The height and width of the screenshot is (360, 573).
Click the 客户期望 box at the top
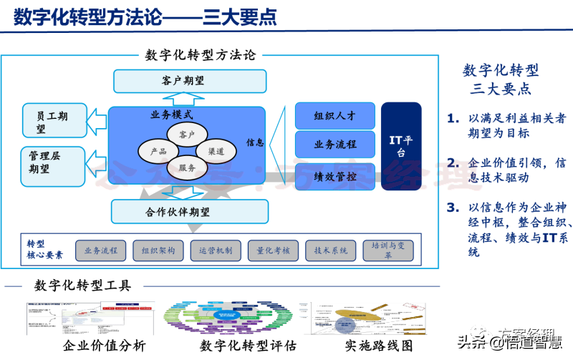[189, 81]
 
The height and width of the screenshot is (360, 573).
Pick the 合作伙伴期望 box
[189, 211]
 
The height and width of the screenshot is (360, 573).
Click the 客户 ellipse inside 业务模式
[186, 135]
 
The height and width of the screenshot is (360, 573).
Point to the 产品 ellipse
[158, 152]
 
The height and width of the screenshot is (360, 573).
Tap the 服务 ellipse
[187, 168]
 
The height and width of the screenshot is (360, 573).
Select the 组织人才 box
[334, 116]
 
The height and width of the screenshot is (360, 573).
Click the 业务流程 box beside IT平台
[334, 145]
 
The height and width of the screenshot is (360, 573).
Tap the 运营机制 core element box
[216, 250]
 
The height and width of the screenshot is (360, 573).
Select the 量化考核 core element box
[273, 250]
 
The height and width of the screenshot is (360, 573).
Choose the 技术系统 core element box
[330, 250]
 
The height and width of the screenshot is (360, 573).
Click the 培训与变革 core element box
[387, 250]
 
